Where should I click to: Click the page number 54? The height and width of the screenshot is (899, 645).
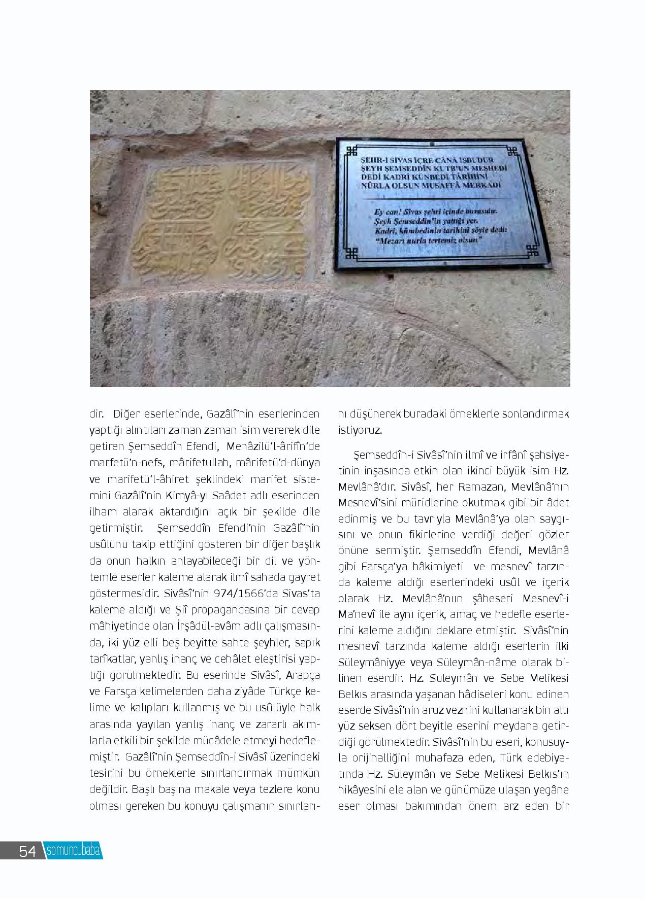pos(27,851)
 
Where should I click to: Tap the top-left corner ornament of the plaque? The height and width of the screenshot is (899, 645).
pos(351,151)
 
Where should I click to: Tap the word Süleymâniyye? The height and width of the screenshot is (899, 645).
pos(370,663)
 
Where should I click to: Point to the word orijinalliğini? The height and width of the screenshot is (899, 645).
pos(390,758)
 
